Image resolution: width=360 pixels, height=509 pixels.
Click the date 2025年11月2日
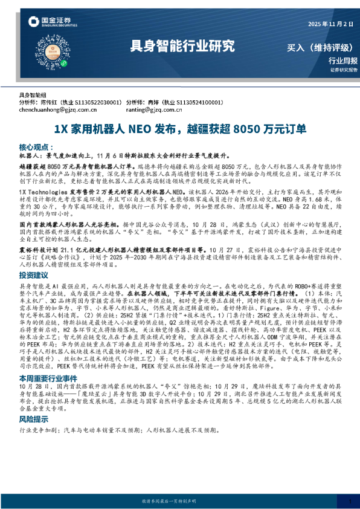331,24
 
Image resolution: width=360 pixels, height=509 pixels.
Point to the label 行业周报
342,60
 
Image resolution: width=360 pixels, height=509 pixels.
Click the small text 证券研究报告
344,70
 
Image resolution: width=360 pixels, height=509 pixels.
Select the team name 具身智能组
33,96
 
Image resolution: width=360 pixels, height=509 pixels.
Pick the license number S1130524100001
196,103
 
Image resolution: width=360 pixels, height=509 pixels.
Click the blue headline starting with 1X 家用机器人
180,129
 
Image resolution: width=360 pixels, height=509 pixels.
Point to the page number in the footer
350,502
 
